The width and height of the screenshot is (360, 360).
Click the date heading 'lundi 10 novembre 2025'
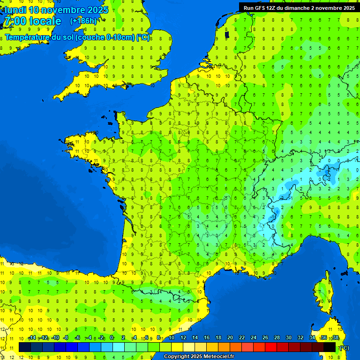point(57,10)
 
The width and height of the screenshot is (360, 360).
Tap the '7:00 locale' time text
point(33,21)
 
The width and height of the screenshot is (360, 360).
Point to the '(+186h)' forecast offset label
point(83,21)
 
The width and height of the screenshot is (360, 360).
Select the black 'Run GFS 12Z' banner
point(299,7)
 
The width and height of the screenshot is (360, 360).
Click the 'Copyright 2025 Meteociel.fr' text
point(199,356)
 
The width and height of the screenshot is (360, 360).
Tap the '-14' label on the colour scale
point(32,338)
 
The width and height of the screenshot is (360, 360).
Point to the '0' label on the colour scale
point(112,338)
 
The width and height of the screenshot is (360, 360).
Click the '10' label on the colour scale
point(172,338)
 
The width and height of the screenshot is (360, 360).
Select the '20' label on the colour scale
point(230,338)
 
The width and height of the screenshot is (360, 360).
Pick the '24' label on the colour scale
point(254,338)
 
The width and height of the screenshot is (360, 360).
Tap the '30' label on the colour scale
point(289,338)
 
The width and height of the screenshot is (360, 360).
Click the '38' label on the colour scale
point(335,338)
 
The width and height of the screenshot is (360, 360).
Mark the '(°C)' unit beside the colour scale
point(345,348)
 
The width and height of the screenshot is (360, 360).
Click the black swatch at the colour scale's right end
point(330,347)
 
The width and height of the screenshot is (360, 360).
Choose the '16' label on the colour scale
point(207,338)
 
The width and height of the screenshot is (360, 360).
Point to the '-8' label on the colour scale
point(66,338)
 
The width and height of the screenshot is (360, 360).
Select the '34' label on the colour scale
point(312,338)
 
